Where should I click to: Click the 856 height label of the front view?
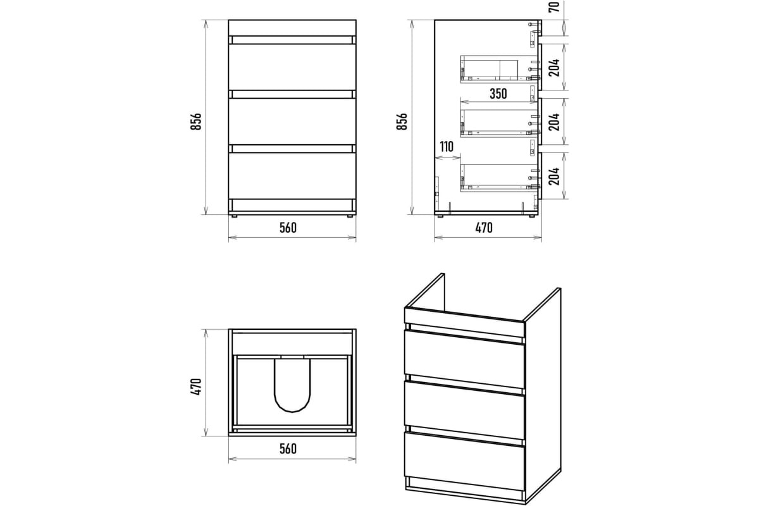point(196,121)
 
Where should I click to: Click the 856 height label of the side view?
point(402,121)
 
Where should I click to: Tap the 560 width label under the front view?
point(288,228)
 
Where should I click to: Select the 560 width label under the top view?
point(288,448)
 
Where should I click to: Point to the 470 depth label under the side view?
point(484,228)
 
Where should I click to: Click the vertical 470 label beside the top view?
point(196,386)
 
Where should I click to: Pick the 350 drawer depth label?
point(498,94)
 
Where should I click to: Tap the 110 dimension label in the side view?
point(447,147)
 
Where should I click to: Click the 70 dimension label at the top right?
point(553,7)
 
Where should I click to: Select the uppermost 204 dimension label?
point(553,68)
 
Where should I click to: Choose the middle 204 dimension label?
point(553,121)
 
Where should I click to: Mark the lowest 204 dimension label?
point(553,176)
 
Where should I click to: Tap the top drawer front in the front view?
point(292,67)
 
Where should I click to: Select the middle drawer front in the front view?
point(292,121)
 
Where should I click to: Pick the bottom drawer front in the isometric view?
point(464,461)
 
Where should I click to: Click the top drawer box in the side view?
point(499,68)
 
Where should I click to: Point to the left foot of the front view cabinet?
point(233,216)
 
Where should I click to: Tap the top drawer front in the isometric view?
point(464,359)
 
